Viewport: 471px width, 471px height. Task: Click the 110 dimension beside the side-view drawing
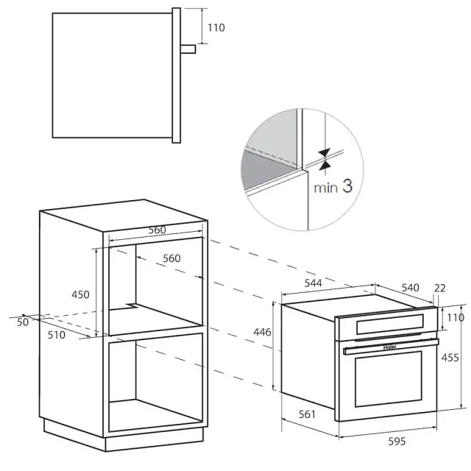click(x=216, y=28)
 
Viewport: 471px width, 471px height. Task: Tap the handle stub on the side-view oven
click(x=188, y=49)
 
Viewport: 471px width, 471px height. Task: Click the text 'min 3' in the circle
click(x=333, y=186)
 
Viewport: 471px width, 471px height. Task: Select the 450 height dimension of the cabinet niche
click(x=80, y=294)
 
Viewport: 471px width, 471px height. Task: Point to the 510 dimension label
click(x=57, y=335)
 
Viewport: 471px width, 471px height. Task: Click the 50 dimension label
click(x=23, y=322)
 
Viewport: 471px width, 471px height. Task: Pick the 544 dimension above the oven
click(x=313, y=283)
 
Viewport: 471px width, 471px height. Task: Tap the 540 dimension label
click(x=411, y=288)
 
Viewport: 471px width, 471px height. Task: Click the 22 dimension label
click(x=440, y=288)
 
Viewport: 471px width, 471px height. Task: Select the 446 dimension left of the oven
click(x=262, y=332)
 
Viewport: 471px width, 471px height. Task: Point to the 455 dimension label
click(x=450, y=358)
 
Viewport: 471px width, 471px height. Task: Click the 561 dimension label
click(x=307, y=414)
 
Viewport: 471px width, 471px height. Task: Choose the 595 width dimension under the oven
click(x=397, y=442)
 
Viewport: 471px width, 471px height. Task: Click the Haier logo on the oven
click(x=390, y=347)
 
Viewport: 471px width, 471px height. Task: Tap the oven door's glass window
click(x=389, y=379)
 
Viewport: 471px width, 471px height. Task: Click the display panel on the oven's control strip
click(x=390, y=324)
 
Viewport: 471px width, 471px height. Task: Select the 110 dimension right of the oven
click(x=456, y=317)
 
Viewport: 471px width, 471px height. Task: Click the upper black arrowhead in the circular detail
click(x=325, y=152)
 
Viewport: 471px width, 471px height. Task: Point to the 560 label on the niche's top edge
click(x=157, y=230)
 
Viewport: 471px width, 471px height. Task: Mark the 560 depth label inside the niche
click(x=171, y=258)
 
